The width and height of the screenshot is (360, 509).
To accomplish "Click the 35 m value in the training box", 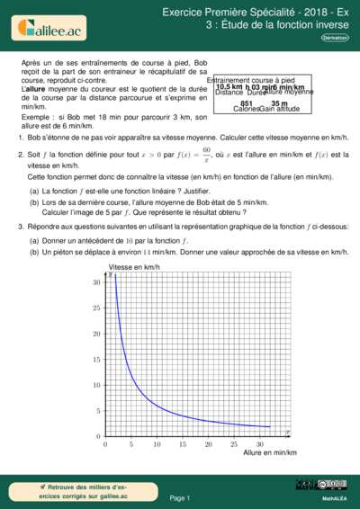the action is (x=279, y=103).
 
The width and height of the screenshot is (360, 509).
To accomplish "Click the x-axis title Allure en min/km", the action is (x=269, y=452).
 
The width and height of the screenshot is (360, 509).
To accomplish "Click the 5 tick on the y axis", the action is (x=97, y=410).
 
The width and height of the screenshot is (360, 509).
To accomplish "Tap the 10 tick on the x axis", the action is (x=157, y=443).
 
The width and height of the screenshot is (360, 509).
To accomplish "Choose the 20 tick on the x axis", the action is (x=208, y=443).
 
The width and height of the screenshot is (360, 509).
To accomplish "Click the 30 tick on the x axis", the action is (x=259, y=443).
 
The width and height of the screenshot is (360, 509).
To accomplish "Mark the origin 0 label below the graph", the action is (x=105, y=443).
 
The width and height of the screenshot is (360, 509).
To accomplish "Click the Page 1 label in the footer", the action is (x=180, y=497).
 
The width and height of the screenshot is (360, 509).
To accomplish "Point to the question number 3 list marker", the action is (x=21, y=228).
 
